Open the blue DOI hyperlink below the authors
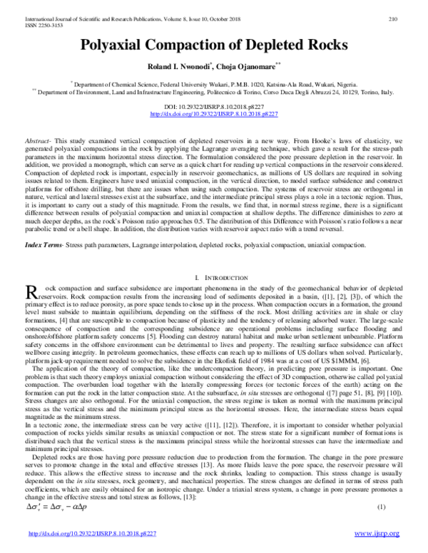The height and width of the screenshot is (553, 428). point(213,113)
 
